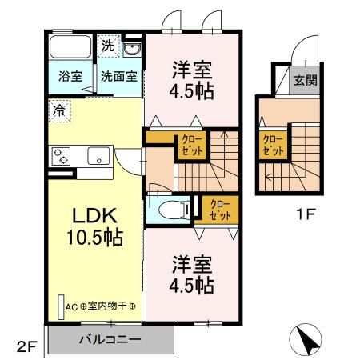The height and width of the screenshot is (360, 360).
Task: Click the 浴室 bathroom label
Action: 70,77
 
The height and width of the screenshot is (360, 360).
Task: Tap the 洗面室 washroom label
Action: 118,77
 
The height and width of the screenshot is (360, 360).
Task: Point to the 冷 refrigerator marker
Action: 60,107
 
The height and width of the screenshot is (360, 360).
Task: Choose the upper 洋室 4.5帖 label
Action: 191,80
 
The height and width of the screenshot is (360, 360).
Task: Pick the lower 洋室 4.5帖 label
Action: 191,274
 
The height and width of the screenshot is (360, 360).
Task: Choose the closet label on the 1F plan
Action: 273,145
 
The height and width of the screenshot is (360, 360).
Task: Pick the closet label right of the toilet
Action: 220,210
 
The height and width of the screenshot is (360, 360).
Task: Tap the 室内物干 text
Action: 112,306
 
